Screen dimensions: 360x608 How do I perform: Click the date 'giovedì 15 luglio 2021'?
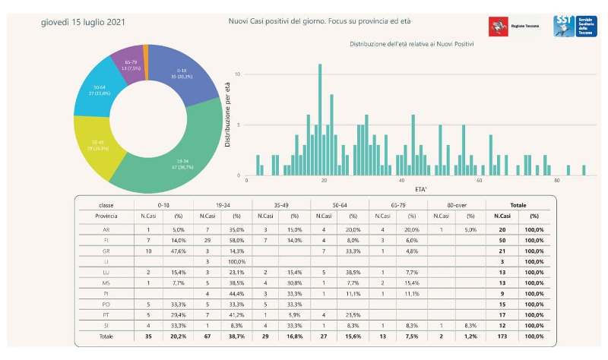click(x=83, y=23)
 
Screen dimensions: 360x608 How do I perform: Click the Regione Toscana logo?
click(x=511, y=25)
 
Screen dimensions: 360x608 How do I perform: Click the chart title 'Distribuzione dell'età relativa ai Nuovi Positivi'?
click(x=412, y=45)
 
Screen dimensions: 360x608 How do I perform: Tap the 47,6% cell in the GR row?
click(x=178, y=251)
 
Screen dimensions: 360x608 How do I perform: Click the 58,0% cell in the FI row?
click(x=237, y=239)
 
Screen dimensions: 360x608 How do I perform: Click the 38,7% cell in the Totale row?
click(x=237, y=336)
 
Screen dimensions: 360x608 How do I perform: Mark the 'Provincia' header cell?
click(x=106, y=216)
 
